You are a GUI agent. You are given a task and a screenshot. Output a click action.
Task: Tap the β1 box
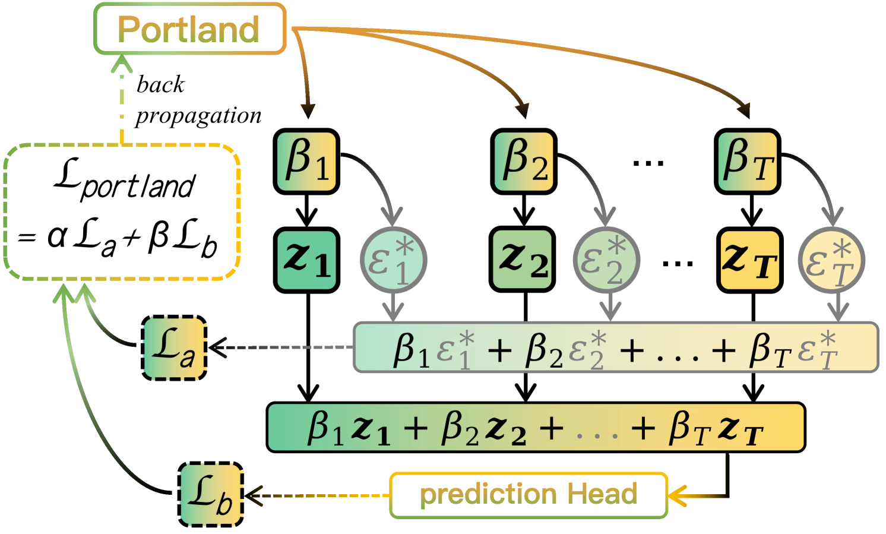(306, 162)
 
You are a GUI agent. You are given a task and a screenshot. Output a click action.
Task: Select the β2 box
(524, 162)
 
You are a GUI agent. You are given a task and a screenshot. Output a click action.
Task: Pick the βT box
(748, 162)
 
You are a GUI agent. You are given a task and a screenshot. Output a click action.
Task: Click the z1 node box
(306, 260)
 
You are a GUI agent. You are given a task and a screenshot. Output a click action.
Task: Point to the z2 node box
(523, 260)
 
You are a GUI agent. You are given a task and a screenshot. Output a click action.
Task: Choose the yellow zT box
(749, 260)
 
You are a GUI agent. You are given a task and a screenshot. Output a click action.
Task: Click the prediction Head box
(528, 495)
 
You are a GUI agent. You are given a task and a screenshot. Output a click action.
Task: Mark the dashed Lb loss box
(211, 494)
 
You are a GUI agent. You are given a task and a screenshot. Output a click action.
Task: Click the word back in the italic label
(160, 85)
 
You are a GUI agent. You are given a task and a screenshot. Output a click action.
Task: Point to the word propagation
(198, 115)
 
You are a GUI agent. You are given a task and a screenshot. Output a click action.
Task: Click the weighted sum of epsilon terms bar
(615, 348)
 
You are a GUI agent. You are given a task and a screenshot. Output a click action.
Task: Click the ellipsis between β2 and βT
(648, 162)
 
